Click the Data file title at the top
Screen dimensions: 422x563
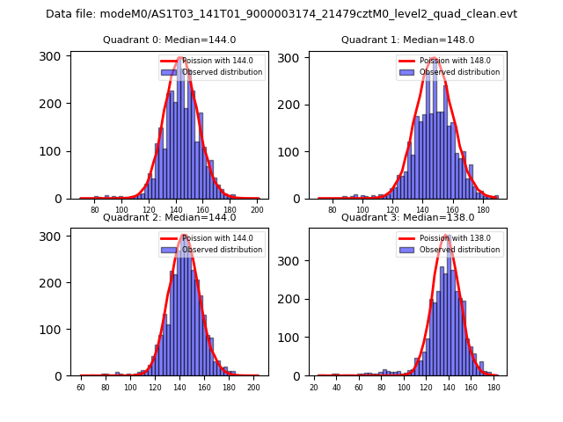point(281,14)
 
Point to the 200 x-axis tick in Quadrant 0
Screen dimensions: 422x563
point(258,210)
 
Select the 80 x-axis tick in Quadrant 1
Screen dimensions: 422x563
point(332,210)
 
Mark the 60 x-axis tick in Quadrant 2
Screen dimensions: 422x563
point(81,387)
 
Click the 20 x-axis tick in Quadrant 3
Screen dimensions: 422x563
point(314,387)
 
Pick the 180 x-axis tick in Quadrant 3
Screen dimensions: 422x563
point(494,387)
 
